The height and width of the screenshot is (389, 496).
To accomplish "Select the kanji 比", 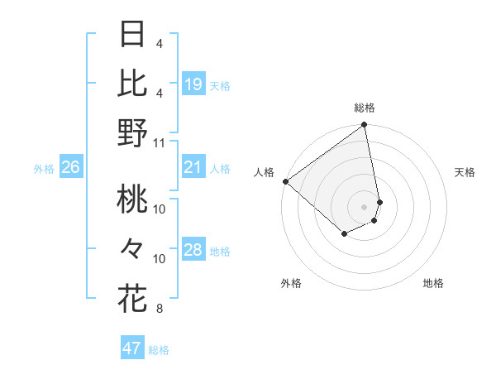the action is [x=132, y=83].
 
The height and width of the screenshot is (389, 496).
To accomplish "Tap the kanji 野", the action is [x=132, y=132].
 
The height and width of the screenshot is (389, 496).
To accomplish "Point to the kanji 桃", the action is [x=132, y=199].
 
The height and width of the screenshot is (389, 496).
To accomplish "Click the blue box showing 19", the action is [x=193, y=84].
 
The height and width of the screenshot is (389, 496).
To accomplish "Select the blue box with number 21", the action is [x=193, y=168].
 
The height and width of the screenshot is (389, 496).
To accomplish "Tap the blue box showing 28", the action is [x=193, y=251].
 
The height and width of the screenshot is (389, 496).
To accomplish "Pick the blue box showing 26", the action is [x=71, y=168].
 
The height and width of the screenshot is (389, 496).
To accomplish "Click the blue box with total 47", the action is [x=132, y=348].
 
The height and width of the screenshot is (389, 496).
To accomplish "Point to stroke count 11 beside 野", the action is [x=160, y=142].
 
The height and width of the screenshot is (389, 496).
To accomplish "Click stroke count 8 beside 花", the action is [x=159, y=309].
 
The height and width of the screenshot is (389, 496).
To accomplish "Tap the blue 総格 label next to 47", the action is [x=160, y=350].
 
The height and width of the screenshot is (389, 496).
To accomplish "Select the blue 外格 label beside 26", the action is [x=44, y=169].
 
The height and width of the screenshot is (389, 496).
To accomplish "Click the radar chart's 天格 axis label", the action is [x=465, y=172].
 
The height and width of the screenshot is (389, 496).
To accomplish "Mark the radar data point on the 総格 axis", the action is [x=364, y=126].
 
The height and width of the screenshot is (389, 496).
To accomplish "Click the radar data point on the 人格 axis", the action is [x=285, y=180].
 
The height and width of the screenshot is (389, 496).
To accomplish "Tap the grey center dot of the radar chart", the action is [x=364, y=206].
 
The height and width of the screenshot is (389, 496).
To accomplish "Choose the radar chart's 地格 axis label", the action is [x=433, y=283].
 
